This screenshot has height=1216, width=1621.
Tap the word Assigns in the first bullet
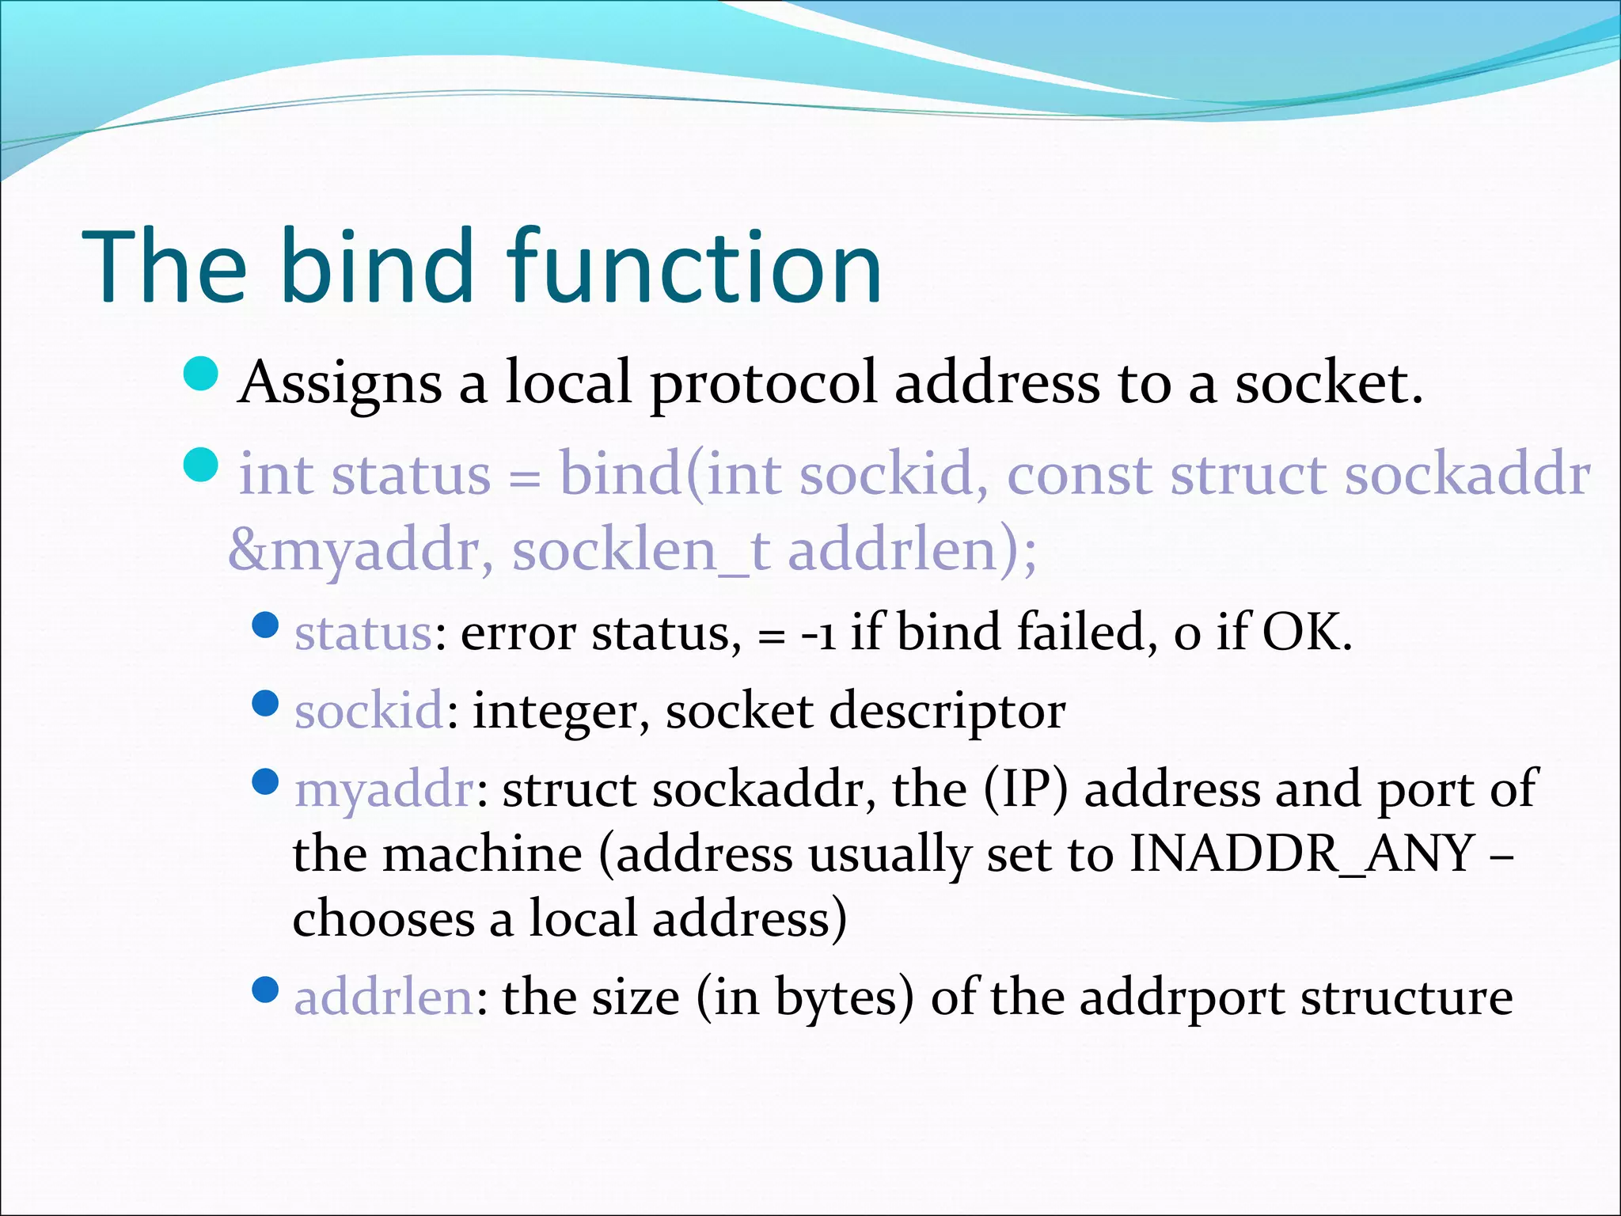point(340,384)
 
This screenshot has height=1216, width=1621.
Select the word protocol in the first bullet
point(764,384)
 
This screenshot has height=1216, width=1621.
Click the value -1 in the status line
point(818,634)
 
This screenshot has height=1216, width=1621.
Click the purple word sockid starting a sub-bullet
point(369,710)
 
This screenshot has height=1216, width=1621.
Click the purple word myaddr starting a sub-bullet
point(384,790)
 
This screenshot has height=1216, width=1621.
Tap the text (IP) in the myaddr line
point(1026,790)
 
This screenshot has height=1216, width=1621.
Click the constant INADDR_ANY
point(1301,854)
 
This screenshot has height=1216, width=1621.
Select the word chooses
point(384,919)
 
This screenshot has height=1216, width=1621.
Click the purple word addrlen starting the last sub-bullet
point(384,997)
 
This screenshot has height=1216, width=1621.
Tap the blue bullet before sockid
point(265,703)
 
